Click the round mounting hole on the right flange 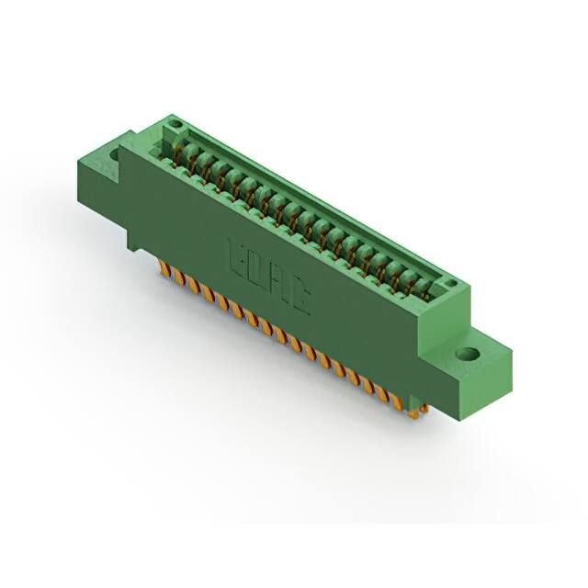tap(467, 354)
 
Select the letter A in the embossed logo tap(277, 282)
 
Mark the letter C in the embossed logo tap(299, 297)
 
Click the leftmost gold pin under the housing tap(164, 268)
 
